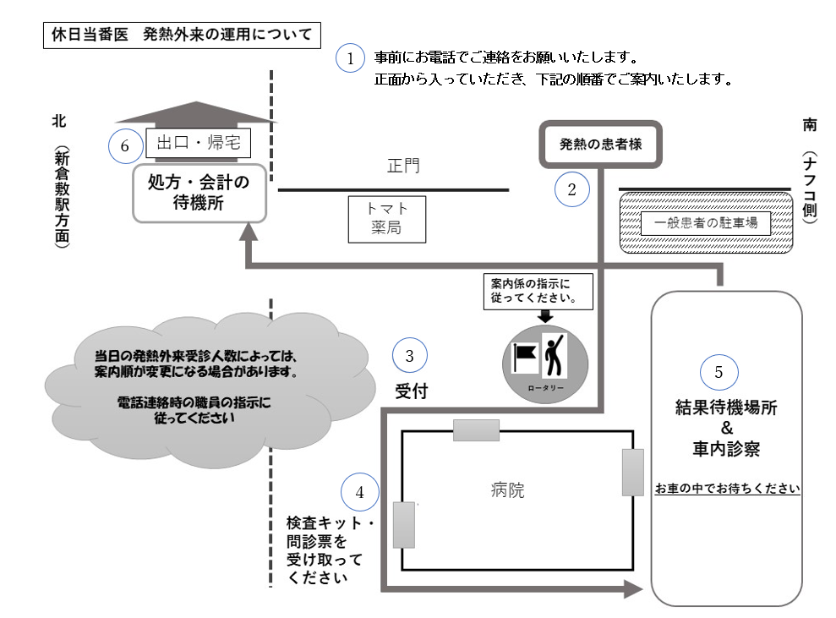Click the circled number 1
click(350, 59)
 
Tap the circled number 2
click(571, 189)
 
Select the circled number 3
click(410, 356)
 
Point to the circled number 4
click(358, 491)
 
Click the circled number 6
click(125, 145)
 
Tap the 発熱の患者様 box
click(601, 144)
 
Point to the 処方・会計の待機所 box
click(199, 193)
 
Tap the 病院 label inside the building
click(507, 490)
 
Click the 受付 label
click(410, 391)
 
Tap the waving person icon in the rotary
click(555, 355)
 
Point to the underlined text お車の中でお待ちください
click(727, 489)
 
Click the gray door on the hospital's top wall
click(476, 430)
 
